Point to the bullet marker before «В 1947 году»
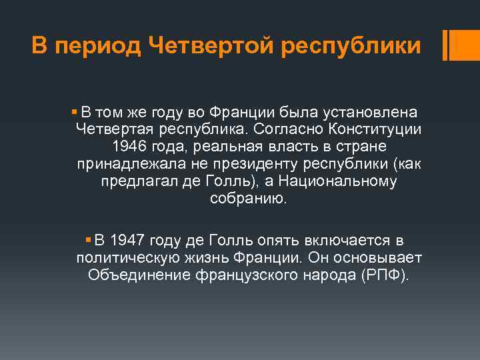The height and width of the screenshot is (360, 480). pyautogui.click(x=89, y=239)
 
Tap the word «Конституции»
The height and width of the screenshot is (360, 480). pyautogui.click(x=375, y=127)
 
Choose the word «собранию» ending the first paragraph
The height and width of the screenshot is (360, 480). pyautogui.click(x=247, y=199)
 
